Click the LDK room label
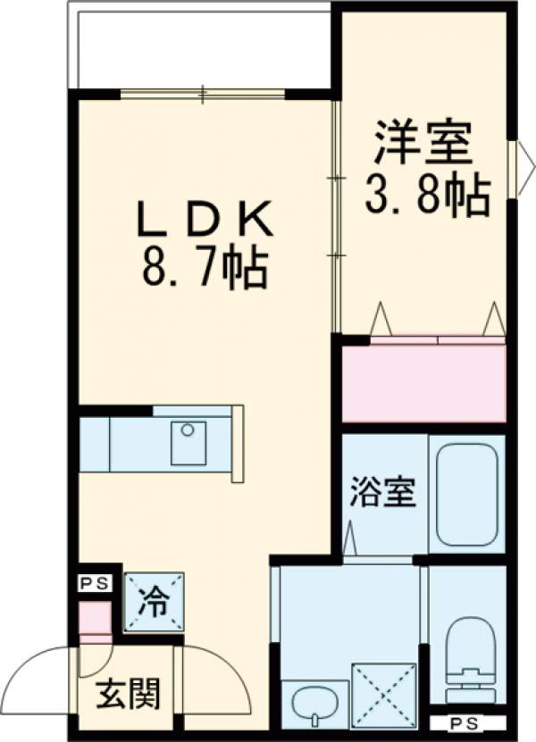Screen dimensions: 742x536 tap(203, 219)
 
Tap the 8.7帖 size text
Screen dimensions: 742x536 tap(204, 267)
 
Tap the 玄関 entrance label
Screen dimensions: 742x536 tap(129, 692)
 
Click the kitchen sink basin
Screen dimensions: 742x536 tap(188, 443)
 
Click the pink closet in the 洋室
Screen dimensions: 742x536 tap(424, 382)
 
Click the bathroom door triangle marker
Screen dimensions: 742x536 tap(350, 538)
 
